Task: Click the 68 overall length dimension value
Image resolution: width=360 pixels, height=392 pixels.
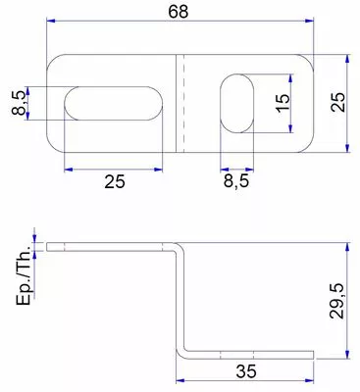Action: (179, 12)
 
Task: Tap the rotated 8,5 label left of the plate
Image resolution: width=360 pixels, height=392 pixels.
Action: (19, 103)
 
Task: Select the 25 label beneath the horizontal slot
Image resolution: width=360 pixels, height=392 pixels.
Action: (115, 181)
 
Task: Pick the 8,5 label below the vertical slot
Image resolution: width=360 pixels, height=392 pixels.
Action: (236, 180)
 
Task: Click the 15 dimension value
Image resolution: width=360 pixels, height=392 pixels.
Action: (283, 103)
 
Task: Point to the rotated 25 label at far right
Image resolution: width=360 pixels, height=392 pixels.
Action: (337, 103)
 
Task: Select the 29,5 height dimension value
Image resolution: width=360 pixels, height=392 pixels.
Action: (336, 301)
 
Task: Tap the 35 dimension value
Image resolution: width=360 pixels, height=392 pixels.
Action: (246, 371)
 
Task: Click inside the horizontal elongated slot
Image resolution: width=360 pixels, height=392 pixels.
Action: (113, 104)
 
